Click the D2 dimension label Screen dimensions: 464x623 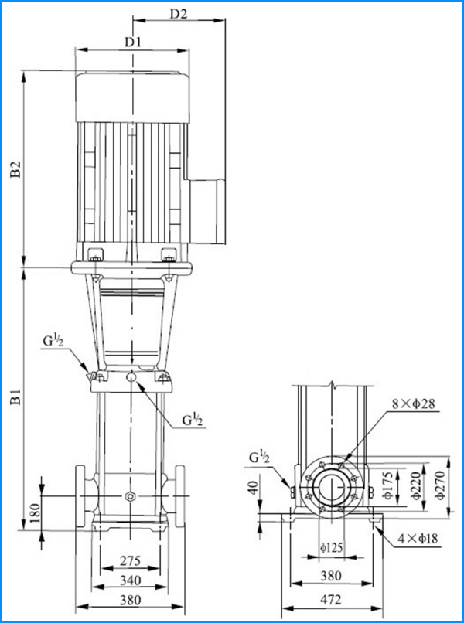coord(179,13)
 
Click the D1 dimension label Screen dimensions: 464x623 coord(133,42)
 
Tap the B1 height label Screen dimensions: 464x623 coord(15,397)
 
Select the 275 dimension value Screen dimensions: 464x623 coord(130,560)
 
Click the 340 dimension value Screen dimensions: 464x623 coord(130,580)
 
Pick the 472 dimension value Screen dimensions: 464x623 coord(331,600)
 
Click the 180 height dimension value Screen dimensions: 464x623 coord(35,513)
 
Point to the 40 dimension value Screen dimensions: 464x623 coord(253,486)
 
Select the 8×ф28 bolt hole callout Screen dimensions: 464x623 coord(414,403)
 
